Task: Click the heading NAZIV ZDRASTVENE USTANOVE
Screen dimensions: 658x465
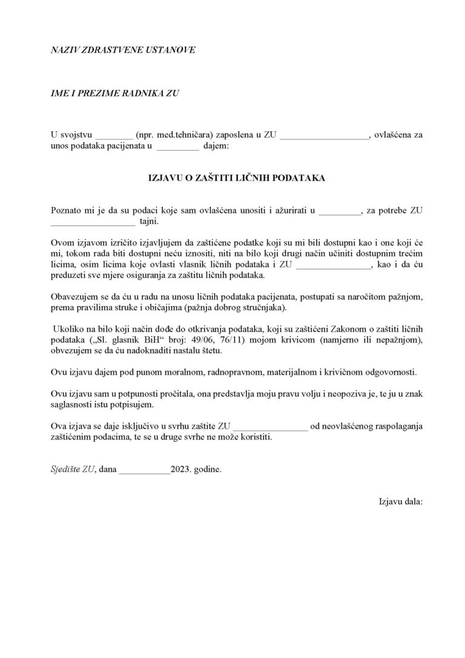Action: coord(124,50)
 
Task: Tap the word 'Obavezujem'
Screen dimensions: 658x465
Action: coord(74,297)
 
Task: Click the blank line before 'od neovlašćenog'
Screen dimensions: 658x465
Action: coord(271,426)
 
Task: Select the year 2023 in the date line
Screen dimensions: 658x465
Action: coord(181,469)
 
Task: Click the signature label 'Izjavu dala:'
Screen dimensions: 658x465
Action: coord(400,502)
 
